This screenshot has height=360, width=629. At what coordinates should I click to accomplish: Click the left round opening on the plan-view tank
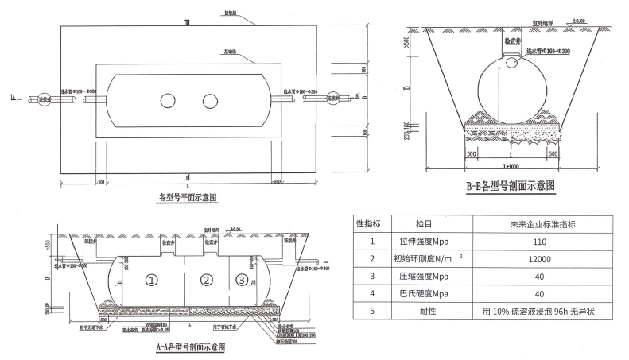pos(168,101)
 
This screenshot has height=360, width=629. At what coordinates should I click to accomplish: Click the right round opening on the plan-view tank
pos(210,101)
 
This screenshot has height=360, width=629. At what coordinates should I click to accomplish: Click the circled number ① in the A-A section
pos(152,280)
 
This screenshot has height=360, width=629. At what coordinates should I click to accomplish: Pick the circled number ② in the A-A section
pos(207,280)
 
